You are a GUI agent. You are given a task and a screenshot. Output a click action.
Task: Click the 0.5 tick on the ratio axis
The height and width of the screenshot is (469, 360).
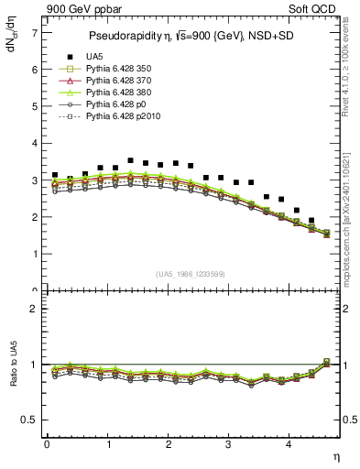(28, 420)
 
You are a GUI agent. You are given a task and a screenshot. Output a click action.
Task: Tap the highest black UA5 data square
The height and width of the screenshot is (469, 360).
(130, 160)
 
